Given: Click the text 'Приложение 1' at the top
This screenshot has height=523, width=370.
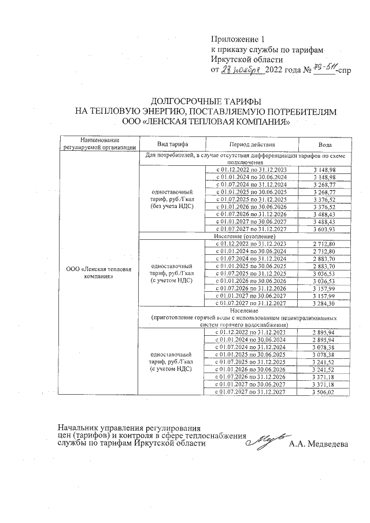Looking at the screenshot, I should click(237, 39).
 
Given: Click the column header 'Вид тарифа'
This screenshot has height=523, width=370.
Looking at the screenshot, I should click(172, 144).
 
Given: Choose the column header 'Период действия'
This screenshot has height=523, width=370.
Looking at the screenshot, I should click(251, 144).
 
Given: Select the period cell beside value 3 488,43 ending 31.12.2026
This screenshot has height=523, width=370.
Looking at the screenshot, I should click(251, 214).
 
